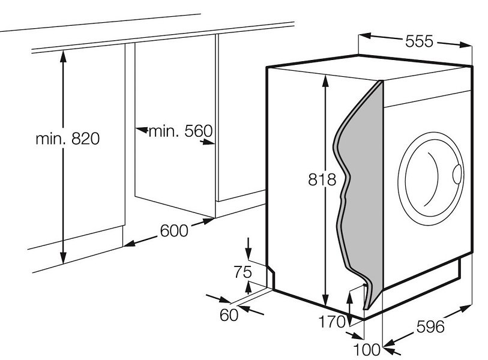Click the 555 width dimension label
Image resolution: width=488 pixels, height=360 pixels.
419,41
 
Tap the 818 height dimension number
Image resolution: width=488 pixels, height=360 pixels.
322,179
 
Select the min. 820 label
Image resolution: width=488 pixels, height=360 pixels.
68,139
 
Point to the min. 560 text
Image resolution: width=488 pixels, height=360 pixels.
181,131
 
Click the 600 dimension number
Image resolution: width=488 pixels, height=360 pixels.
174,231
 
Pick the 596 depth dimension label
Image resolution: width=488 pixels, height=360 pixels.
430,327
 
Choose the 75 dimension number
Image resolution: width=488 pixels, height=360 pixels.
242,272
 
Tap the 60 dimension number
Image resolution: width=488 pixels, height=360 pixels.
229,315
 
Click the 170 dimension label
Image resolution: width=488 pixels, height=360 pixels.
332,322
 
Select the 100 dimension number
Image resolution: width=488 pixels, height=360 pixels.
367,350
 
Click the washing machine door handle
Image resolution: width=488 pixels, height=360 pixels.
457,174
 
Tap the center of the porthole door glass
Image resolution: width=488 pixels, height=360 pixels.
431,179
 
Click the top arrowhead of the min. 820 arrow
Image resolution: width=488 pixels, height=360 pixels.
63,56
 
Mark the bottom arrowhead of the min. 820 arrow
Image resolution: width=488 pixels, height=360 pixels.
63,258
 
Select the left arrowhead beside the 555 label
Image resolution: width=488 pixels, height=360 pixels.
365,36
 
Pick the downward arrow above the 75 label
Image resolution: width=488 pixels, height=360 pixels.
249,248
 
